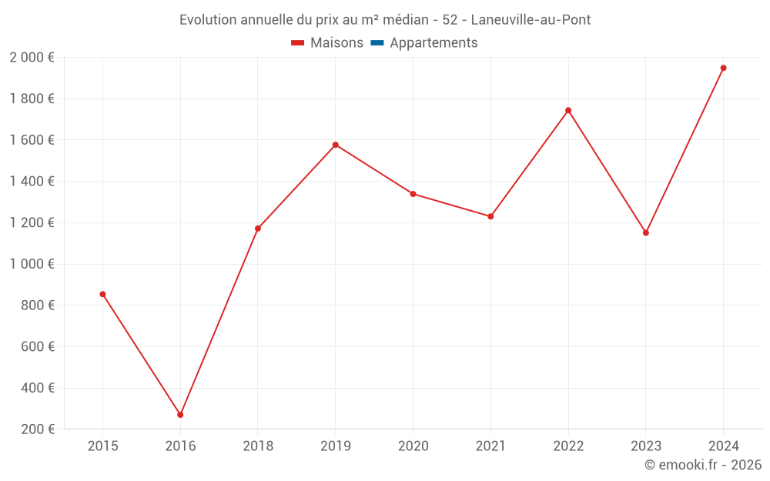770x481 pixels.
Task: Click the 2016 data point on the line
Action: coord(180,415)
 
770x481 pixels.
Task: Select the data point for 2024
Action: coord(723,68)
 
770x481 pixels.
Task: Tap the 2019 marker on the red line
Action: coord(336,145)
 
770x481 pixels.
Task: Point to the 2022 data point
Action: coord(568,110)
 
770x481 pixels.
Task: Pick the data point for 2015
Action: coord(102,294)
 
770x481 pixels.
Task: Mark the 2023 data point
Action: coord(645,232)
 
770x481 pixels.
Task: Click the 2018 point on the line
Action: coord(258,229)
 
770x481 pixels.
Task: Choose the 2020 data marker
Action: coord(413,194)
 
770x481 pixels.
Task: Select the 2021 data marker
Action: coord(490,216)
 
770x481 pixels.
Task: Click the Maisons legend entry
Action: coord(327,43)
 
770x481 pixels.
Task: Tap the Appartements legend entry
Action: coord(424,43)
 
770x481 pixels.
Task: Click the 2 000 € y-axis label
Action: coord(32,58)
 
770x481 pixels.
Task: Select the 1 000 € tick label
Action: coord(32,264)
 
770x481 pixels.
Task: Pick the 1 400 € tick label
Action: coord(32,182)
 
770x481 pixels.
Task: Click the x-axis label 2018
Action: coord(258,446)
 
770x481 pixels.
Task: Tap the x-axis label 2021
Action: coord(490,446)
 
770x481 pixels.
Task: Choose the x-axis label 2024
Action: coord(723,446)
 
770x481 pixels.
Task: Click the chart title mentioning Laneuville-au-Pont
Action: coord(385,19)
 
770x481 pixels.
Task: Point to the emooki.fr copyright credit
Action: coord(703,465)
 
